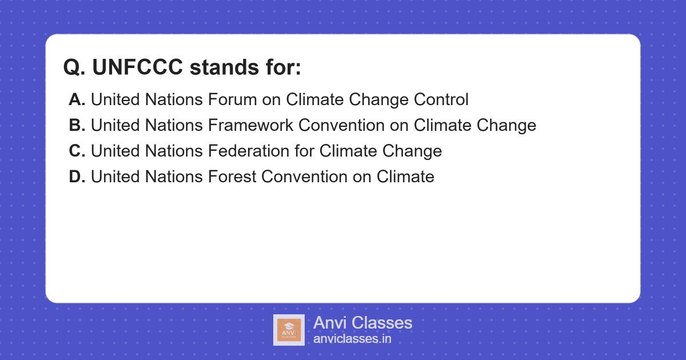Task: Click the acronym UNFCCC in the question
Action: coord(137,67)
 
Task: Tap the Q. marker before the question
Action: coord(74,67)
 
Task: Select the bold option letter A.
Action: coord(77,100)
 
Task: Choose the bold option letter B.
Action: coord(77,126)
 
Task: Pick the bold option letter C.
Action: coord(77,151)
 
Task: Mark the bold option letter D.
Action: coord(77,177)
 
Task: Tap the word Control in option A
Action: coord(441,100)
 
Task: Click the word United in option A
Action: coord(114,100)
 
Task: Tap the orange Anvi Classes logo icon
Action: coord(289,330)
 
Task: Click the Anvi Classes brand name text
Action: coord(362,323)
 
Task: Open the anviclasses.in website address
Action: coord(352,339)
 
